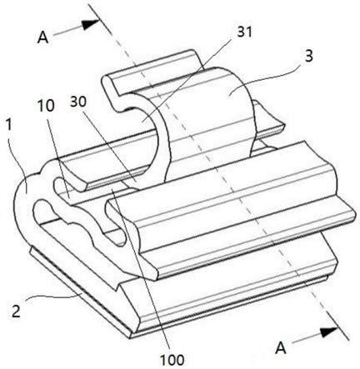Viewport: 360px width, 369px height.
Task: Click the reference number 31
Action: tap(244, 32)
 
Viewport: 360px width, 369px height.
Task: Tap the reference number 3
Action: tap(309, 56)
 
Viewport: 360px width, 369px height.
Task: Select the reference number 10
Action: tap(46, 106)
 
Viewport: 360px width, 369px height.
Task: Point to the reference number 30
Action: tap(78, 102)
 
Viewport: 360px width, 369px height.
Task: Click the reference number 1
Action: tap(9, 125)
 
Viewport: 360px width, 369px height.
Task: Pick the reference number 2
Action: tap(16, 312)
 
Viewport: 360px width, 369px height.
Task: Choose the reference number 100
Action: tap(172, 360)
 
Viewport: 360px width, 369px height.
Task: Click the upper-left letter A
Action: tap(43, 37)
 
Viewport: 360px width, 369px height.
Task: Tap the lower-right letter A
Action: tap(281, 348)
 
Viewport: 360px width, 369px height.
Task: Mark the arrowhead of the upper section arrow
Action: tap(91, 24)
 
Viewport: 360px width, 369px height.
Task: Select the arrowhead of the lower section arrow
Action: tap(328, 332)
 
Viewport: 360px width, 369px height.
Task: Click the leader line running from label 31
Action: tap(187, 81)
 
